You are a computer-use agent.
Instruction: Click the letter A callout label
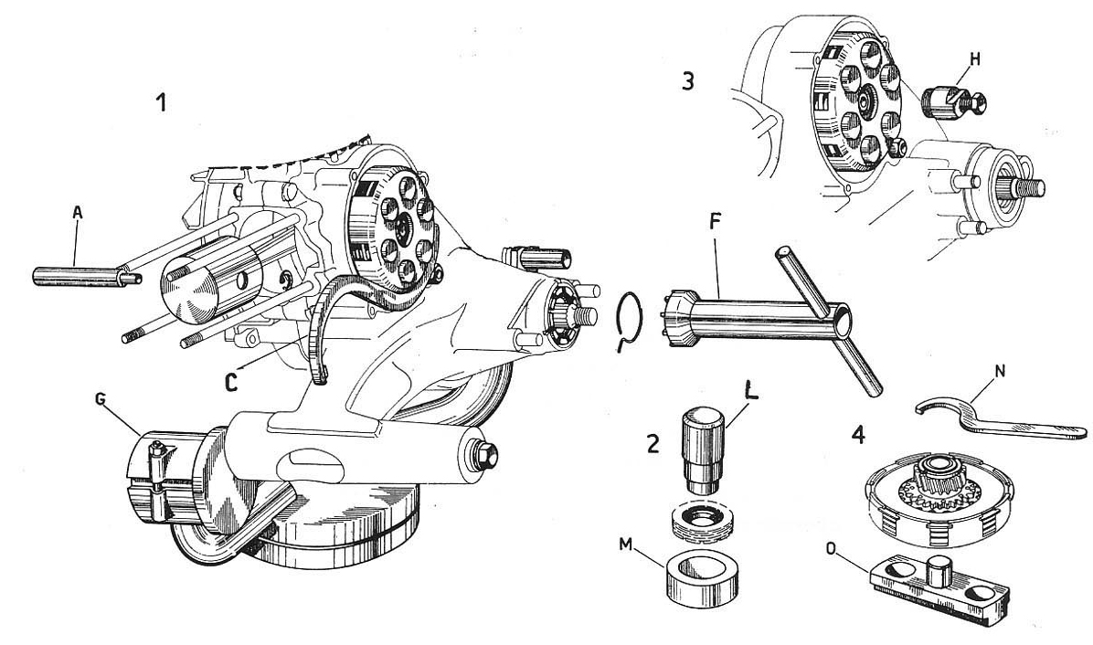[x=78, y=213]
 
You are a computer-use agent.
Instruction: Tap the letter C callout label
[x=232, y=383]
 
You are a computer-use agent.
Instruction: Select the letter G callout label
[x=101, y=400]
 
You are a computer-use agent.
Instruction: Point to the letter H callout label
[x=975, y=59]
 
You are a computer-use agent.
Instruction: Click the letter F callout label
[x=715, y=223]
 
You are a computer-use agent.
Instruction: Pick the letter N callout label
[x=1001, y=371]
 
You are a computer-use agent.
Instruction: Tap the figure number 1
[x=161, y=102]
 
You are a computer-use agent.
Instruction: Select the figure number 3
[x=688, y=81]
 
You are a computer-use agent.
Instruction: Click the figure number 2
[x=653, y=444]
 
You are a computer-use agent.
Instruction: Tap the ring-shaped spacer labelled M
[x=700, y=576]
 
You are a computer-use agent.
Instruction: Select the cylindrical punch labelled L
[x=703, y=450]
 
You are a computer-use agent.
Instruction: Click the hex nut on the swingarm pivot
[x=483, y=453]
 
